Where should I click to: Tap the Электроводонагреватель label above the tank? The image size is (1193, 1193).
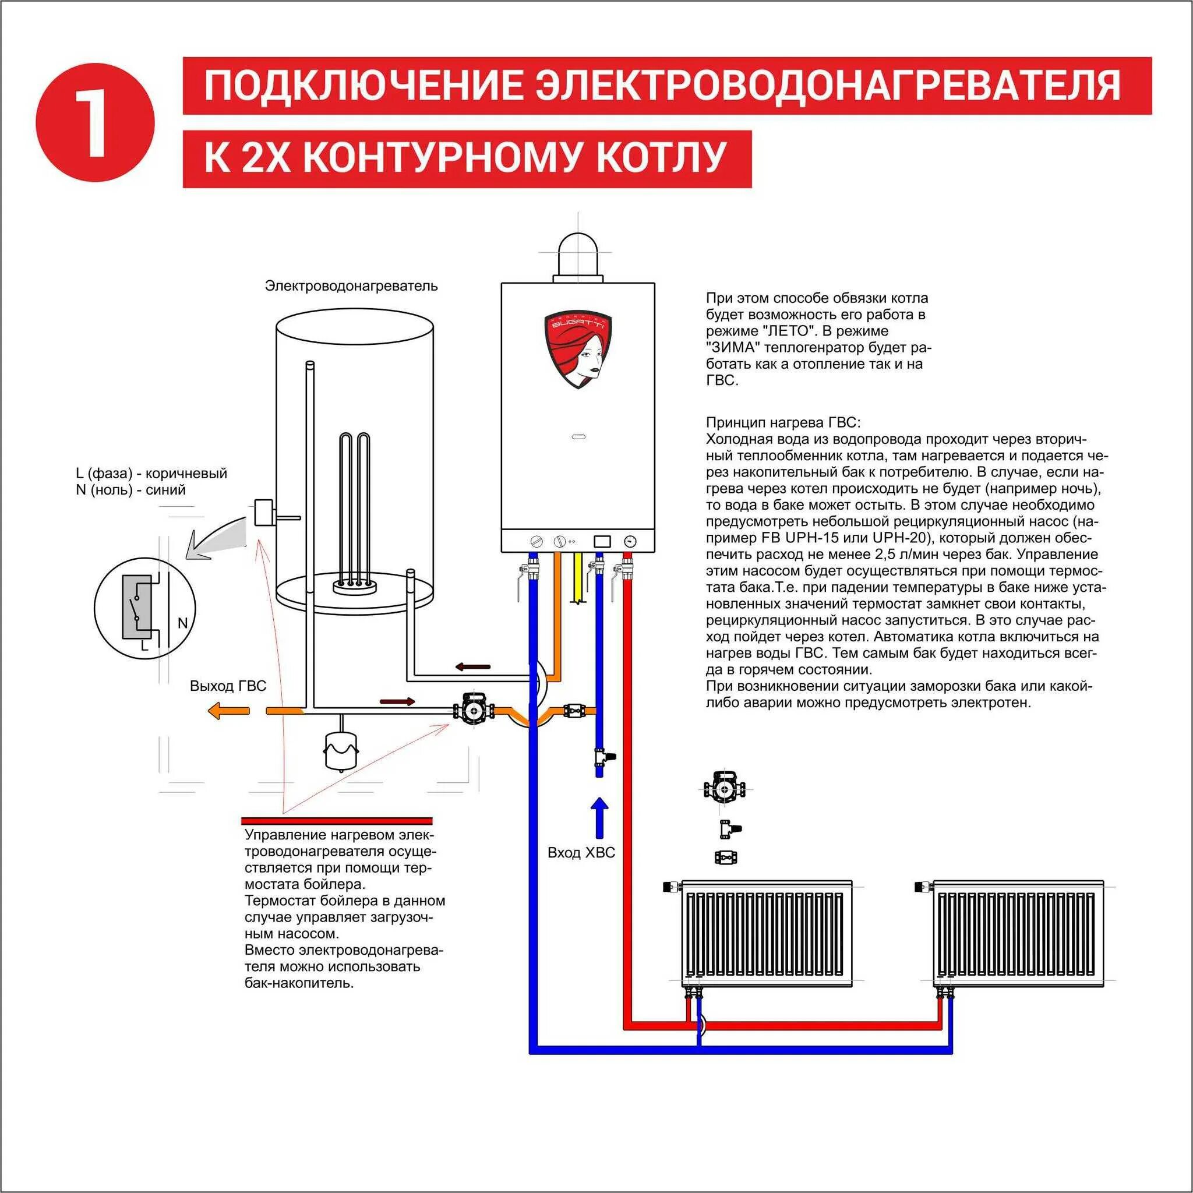(351, 286)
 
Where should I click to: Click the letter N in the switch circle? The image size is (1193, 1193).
(182, 623)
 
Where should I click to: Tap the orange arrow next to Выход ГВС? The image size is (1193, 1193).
(228, 711)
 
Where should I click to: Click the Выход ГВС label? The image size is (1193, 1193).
(228, 686)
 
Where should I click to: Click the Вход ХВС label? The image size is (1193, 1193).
(581, 853)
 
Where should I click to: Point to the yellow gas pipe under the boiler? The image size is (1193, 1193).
(578, 577)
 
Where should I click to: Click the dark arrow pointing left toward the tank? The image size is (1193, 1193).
(473, 667)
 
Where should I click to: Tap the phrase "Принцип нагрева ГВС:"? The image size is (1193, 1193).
(782, 423)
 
